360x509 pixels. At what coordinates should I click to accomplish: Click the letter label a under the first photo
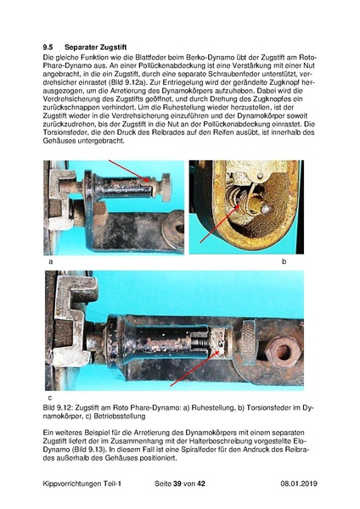(50, 263)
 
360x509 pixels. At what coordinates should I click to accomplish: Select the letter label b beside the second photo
(284, 263)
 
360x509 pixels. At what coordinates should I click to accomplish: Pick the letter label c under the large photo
(50, 397)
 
